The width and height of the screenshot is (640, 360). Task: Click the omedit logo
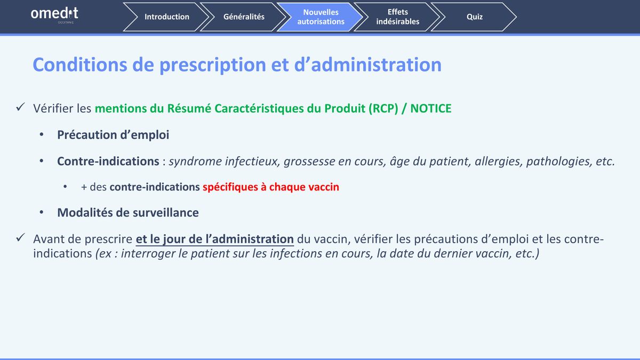(54, 15)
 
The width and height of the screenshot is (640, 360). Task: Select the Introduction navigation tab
(166, 17)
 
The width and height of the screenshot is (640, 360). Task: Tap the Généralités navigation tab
(243, 17)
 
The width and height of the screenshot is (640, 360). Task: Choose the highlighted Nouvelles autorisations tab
(321, 17)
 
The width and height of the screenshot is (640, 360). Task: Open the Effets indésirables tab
(397, 17)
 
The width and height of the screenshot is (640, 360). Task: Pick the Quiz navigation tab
(474, 17)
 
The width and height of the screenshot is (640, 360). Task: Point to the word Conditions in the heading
(79, 65)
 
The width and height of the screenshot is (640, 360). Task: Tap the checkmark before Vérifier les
(21, 107)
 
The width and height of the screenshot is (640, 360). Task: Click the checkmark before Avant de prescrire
(21, 237)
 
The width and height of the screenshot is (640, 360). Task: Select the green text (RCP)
(383, 109)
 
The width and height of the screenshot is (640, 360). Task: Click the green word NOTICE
(431, 109)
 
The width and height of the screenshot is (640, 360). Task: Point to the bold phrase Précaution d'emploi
(113, 135)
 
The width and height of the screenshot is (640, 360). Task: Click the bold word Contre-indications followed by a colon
(108, 162)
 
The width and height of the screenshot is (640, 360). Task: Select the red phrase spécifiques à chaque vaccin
(271, 187)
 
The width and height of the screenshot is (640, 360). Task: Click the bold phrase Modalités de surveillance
(128, 213)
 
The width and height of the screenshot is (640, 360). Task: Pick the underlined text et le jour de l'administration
(214, 239)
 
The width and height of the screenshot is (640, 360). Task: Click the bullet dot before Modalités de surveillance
(42, 212)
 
